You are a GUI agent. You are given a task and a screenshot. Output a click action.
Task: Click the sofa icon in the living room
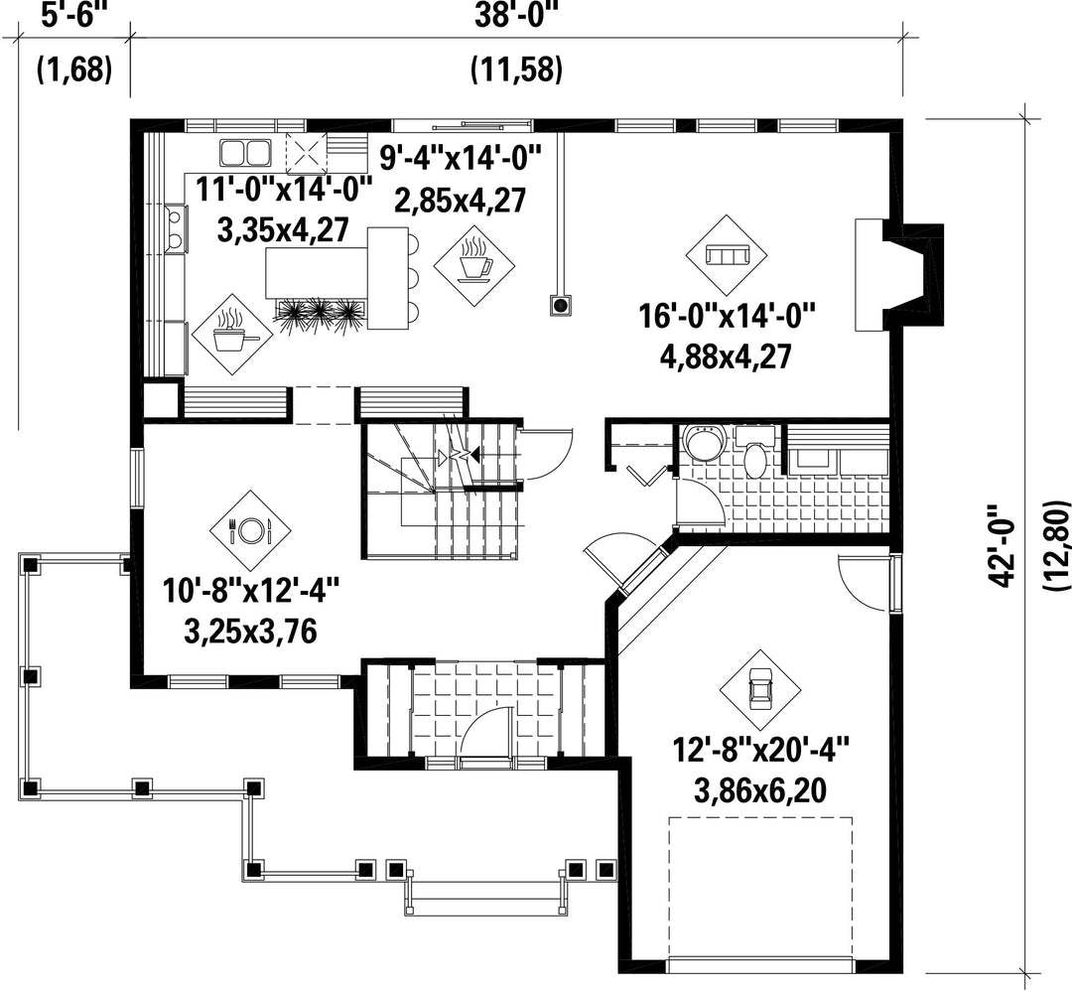727,256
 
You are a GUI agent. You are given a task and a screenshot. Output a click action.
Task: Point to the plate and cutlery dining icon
250,528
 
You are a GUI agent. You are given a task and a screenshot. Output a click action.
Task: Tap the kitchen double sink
245,152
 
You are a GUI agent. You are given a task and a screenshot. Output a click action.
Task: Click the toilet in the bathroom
755,457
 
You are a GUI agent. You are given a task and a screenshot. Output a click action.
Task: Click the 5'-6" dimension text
74,15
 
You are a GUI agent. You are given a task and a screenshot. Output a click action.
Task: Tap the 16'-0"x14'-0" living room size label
728,317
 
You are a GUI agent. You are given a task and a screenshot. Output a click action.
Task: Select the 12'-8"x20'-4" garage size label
761,750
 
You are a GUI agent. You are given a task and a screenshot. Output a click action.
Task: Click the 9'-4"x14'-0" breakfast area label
461,160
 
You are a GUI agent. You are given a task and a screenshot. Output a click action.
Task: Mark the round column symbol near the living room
562,305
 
